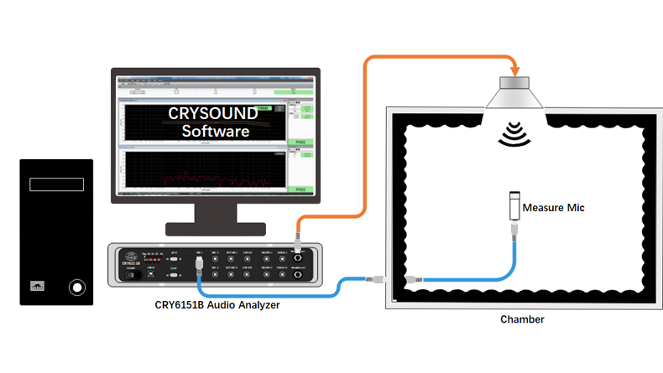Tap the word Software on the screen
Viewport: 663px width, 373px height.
point(216,132)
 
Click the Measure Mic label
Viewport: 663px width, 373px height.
point(552,206)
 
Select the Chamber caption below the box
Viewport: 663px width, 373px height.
point(522,319)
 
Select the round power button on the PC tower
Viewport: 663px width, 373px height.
point(77,288)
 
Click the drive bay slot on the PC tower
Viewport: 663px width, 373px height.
point(57,184)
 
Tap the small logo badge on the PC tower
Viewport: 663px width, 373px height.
point(39,286)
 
